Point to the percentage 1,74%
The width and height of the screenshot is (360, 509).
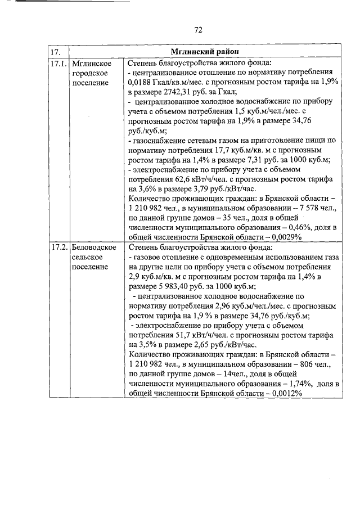pos(283,384)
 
